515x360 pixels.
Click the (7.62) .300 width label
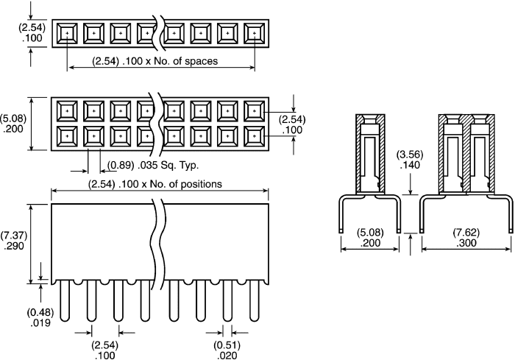(x=467, y=239)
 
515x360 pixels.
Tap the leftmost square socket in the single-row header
(x=66, y=33)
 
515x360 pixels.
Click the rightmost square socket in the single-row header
(x=255, y=33)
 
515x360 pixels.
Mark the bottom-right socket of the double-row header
(x=255, y=136)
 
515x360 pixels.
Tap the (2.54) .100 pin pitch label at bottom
(x=105, y=350)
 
